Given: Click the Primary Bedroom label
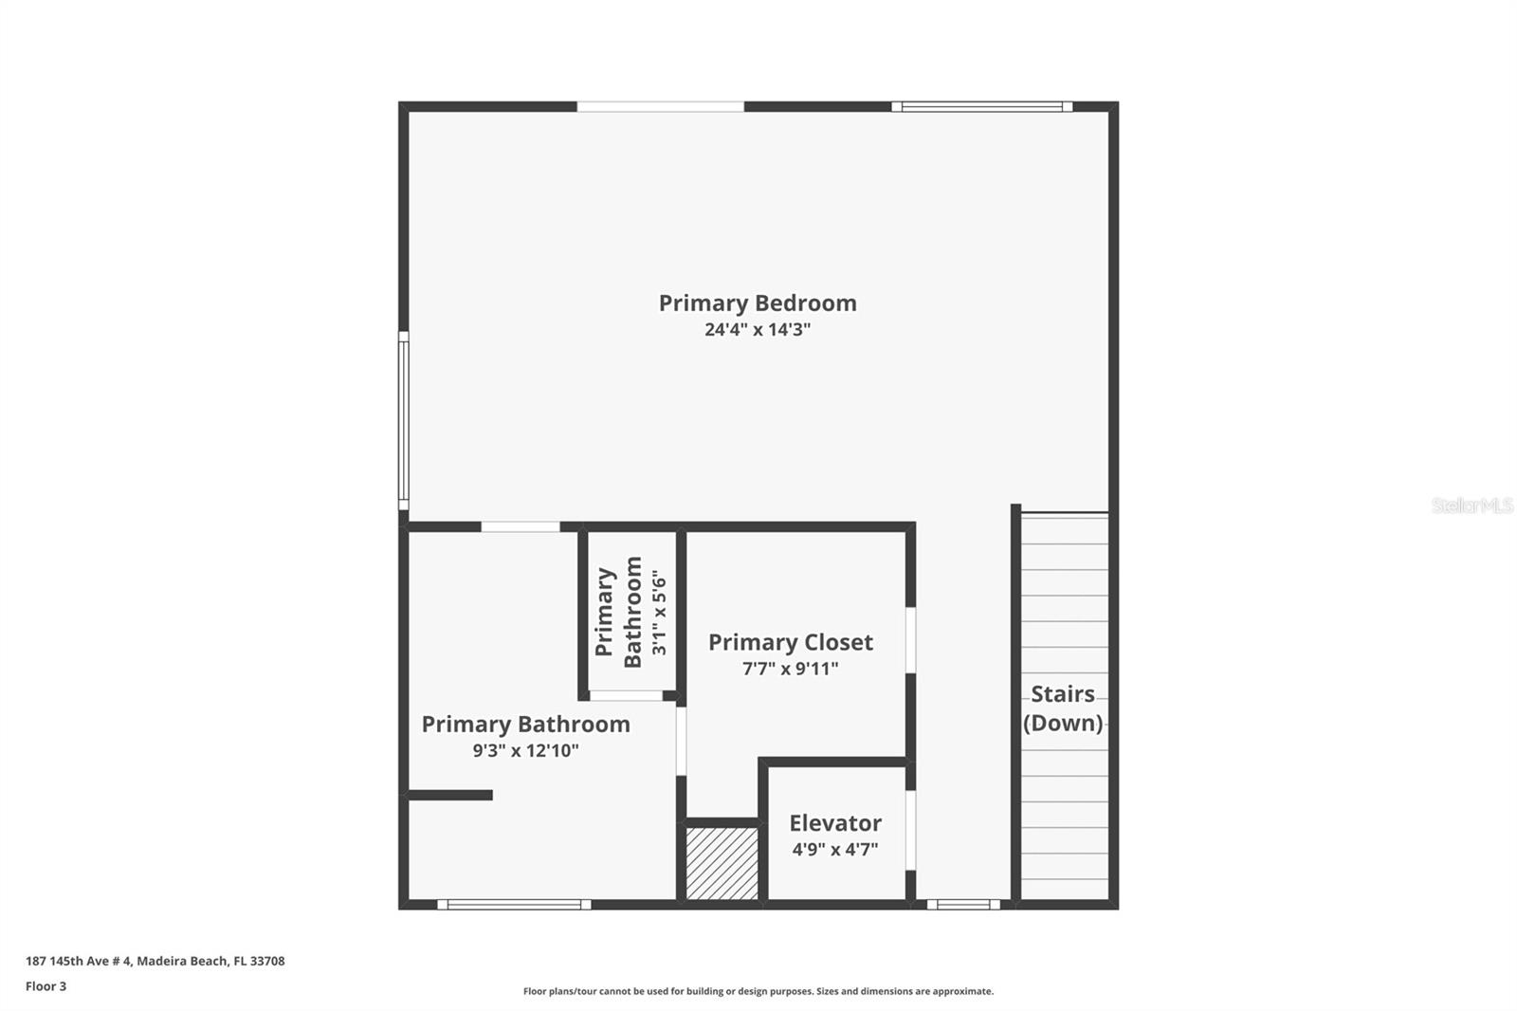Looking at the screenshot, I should (757, 303).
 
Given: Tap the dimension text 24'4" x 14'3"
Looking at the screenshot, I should (757, 330).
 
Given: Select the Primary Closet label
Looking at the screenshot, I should (790, 642).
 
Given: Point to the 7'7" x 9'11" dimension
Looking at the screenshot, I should (790, 669).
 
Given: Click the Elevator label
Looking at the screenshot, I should (834, 823).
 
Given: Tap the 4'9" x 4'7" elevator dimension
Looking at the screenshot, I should (834, 850).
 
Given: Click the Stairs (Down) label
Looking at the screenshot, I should (1063, 708).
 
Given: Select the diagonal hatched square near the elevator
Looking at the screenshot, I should (722, 863).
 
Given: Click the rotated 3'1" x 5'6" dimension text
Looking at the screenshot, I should (660, 612).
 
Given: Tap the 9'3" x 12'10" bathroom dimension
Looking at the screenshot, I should (525, 751).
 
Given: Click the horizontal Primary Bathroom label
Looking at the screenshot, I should (525, 725).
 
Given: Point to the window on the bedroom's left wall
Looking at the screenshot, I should (403, 421).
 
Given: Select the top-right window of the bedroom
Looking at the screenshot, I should (981, 107).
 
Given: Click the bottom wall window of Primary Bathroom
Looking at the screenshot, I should (514, 905).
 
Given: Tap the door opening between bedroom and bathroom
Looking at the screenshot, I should (520, 526).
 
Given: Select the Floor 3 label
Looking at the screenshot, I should (46, 986).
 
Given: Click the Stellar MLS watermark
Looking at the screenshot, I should (1471, 505).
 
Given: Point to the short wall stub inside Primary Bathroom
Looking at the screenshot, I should (450, 795).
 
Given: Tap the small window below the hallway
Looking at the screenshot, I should (962, 905).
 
